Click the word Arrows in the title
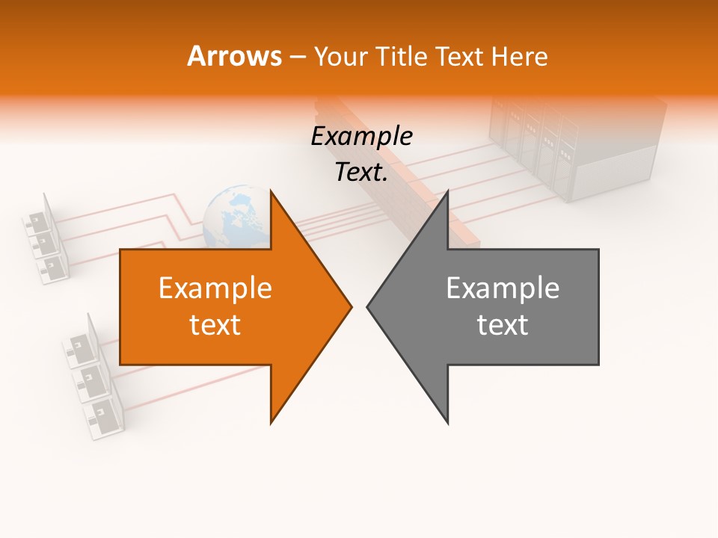coord(234,56)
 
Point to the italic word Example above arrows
coord(362,137)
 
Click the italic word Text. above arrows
coord(362,173)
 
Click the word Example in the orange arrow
coord(215,288)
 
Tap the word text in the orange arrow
coord(215,325)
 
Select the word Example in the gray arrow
coord(503,288)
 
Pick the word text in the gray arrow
coord(503,325)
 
